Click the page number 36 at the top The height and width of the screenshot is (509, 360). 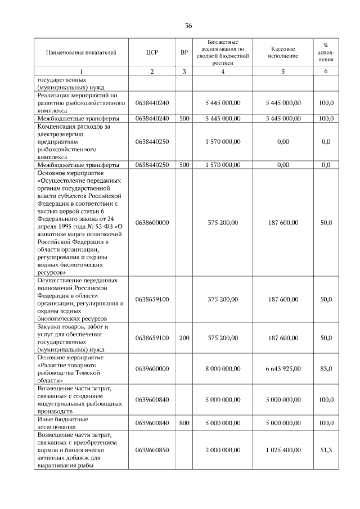pos(188,25)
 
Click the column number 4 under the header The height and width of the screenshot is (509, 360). pos(223,71)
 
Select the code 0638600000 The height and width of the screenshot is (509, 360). pos(152,223)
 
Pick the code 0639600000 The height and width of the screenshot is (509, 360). pos(152,368)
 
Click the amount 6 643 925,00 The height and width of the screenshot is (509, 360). pos(283,368)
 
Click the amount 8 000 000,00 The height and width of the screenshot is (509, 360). pos(223,368)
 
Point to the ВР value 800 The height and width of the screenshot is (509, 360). pos(184,422)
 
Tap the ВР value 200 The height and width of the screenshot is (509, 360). pos(184,338)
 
